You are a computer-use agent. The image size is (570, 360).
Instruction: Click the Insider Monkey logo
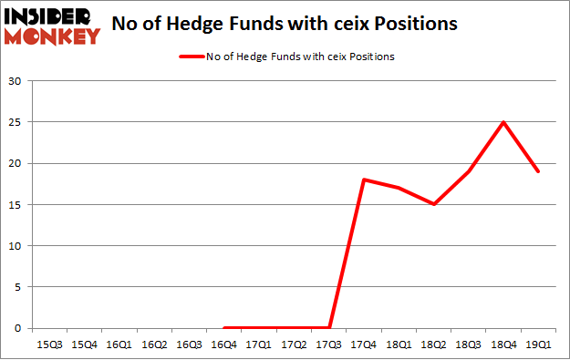[52, 25]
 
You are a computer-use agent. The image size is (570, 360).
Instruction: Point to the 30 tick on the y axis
[16, 81]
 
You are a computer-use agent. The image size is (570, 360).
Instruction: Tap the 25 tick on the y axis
[16, 122]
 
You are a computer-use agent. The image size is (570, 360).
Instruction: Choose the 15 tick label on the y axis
[16, 204]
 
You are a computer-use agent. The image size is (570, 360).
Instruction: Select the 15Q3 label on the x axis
[49, 345]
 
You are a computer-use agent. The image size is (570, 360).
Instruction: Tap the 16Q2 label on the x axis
[154, 345]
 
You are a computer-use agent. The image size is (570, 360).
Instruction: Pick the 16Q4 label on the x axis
[224, 345]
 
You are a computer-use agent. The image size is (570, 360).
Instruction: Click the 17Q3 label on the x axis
[329, 345]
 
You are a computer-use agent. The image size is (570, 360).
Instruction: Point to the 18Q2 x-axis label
[434, 345]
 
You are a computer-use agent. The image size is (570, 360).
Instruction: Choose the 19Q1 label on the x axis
[539, 345]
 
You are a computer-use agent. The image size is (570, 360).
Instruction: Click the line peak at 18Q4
[503, 122]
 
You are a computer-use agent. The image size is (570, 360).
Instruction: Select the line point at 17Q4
[364, 180]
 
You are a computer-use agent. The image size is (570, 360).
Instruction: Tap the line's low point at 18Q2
[434, 204]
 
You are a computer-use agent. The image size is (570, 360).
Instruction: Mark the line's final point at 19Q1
[539, 171]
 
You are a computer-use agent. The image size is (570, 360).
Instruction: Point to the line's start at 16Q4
[224, 328]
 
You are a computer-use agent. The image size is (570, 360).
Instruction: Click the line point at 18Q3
[469, 171]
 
